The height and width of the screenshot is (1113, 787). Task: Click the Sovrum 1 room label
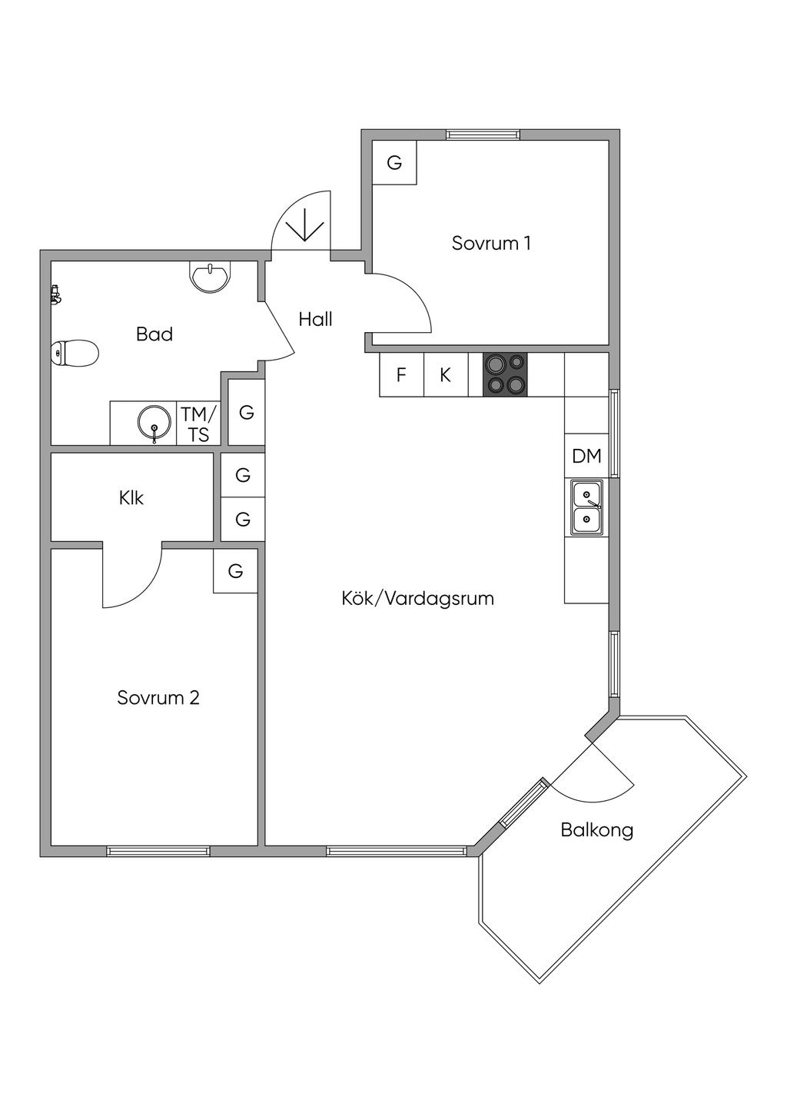pyautogui.click(x=491, y=244)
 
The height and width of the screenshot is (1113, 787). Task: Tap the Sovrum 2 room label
pyautogui.click(x=158, y=698)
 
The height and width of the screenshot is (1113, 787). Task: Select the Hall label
pyautogui.click(x=315, y=319)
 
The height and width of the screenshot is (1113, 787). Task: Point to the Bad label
pyautogui.click(x=154, y=334)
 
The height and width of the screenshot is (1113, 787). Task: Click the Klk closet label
pyautogui.click(x=131, y=498)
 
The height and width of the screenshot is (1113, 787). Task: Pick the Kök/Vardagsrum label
pyautogui.click(x=417, y=598)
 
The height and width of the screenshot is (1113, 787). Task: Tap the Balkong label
pyautogui.click(x=597, y=830)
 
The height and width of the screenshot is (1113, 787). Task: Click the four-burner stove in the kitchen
pyautogui.click(x=505, y=374)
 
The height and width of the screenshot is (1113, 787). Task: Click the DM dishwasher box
pyautogui.click(x=586, y=456)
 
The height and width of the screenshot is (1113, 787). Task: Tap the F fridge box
pyautogui.click(x=401, y=375)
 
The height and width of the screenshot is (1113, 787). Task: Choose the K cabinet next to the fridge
pyautogui.click(x=445, y=375)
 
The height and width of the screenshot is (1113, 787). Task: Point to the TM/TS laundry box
pyautogui.click(x=199, y=424)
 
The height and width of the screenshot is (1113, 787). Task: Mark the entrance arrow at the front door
pyautogui.click(x=305, y=224)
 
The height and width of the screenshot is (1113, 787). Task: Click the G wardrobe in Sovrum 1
pyautogui.click(x=394, y=163)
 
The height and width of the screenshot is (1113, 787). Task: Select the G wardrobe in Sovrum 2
pyautogui.click(x=235, y=571)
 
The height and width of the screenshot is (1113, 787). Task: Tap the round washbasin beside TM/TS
pyautogui.click(x=154, y=423)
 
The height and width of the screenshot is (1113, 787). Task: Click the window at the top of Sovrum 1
pyautogui.click(x=483, y=135)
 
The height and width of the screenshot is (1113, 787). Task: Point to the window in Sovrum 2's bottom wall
pyautogui.click(x=158, y=851)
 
